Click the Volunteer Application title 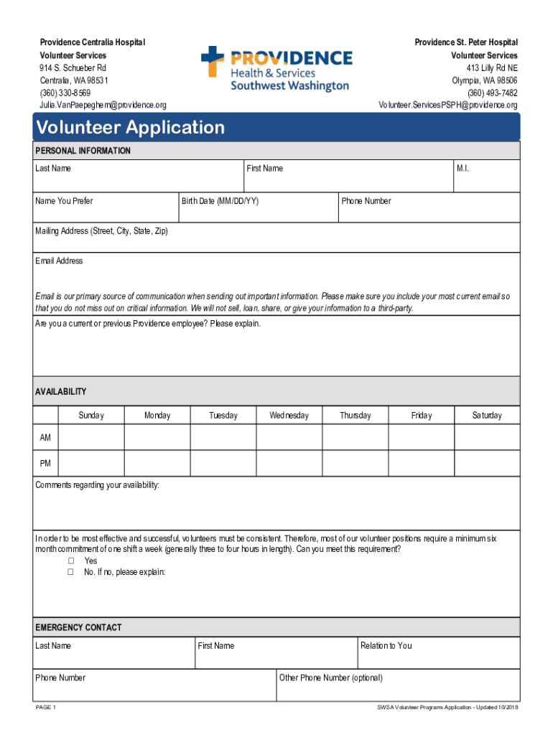(130, 128)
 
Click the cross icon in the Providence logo (213, 61)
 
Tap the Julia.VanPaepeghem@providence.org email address (103, 106)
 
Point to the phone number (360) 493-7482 (492, 93)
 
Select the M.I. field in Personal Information (486, 176)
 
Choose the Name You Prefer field (105, 209)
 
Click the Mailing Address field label (101, 231)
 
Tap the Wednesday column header (289, 416)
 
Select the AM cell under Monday (157, 437)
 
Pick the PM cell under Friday (422, 463)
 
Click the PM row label (45, 463)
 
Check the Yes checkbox (71, 561)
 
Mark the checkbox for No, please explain (71, 572)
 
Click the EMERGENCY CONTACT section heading (78, 627)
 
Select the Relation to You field (438, 652)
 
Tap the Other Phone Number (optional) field (398, 685)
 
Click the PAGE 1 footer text (45, 708)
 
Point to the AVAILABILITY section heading (61, 392)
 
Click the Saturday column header (487, 416)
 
